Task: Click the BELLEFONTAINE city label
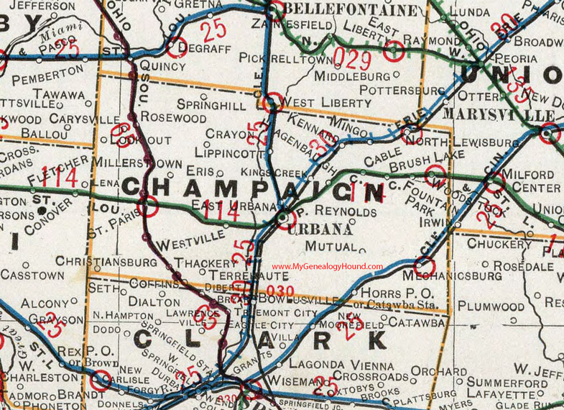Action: pos(351,9)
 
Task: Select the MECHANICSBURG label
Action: pos(452,275)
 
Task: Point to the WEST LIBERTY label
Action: pos(328,103)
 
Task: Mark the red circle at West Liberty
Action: pos(272,103)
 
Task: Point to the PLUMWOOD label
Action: pos(493,306)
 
